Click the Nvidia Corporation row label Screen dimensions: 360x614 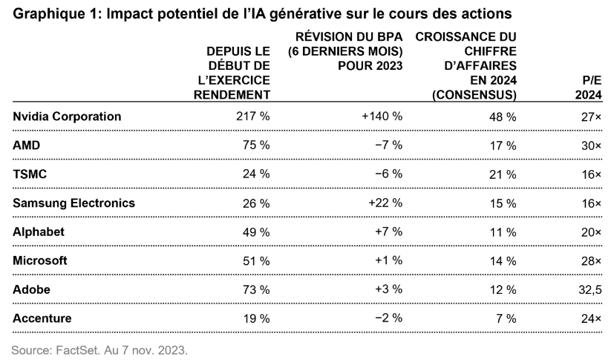(67, 117)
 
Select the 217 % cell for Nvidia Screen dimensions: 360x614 (253, 117)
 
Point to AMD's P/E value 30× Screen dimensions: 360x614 (591, 145)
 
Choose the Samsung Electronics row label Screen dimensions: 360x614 (74, 203)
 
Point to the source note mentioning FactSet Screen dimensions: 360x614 (100, 347)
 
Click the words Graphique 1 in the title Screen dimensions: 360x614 (50, 13)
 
